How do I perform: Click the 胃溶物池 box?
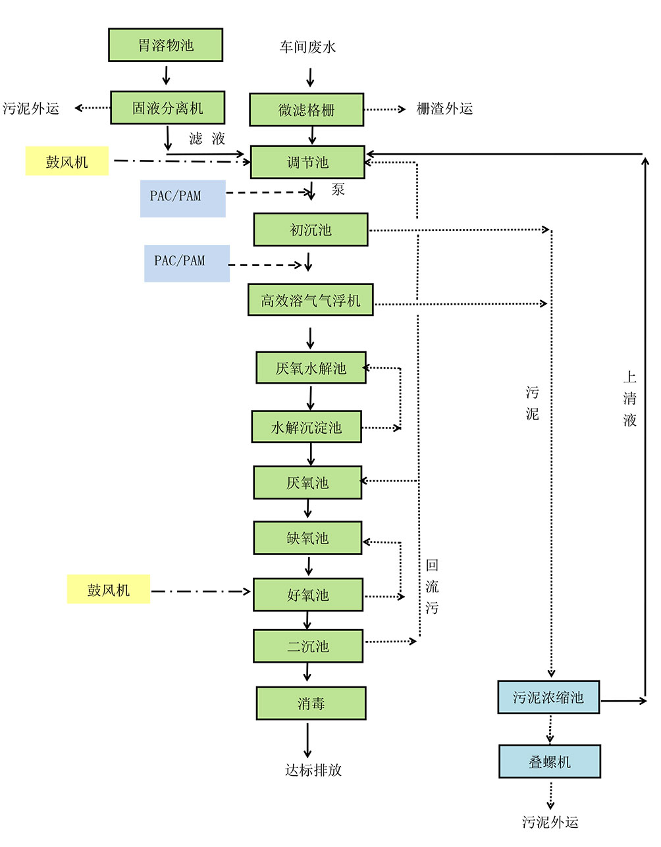(x=165, y=45)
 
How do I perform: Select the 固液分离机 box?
(x=167, y=108)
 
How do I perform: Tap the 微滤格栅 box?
(x=306, y=110)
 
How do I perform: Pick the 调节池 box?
(x=307, y=162)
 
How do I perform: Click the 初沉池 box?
(x=311, y=230)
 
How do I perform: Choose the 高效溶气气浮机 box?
(x=310, y=300)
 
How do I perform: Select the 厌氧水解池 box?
(x=311, y=368)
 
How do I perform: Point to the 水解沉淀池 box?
(x=306, y=427)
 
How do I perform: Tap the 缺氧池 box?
(x=307, y=538)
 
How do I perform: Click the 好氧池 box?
(x=307, y=595)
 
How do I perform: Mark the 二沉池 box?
(x=307, y=646)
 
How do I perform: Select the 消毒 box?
(x=311, y=704)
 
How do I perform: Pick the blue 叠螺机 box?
(x=550, y=762)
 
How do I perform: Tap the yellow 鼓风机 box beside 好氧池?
(x=109, y=590)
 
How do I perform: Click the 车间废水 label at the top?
(x=307, y=47)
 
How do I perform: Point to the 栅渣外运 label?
(x=444, y=109)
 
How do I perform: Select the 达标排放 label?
(x=313, y=770)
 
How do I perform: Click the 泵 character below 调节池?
(x=338, y=190)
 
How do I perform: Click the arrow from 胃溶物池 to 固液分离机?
(x=166, y=74)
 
